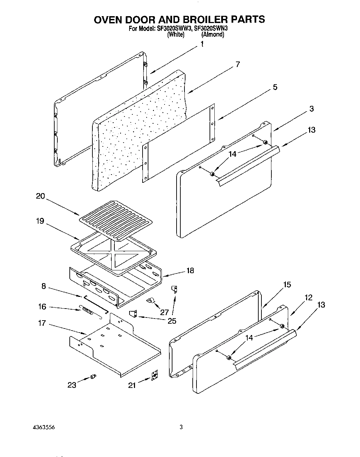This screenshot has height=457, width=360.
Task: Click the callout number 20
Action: (41, 196)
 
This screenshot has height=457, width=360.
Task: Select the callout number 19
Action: (40, 221)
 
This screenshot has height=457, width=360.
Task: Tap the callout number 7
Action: (237, 64)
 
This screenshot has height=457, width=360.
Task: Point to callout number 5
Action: (275, 87)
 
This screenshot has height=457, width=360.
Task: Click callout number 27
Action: (165, 312)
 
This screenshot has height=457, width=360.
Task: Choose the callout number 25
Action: (172, 321)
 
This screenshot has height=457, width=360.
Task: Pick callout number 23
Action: (72, 385)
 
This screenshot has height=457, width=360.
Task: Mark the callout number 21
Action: (132, 385)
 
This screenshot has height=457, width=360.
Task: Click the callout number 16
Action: (42, 306)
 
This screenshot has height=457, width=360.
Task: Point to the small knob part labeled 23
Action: (92, 377)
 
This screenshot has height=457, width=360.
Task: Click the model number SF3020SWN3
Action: (211, 29)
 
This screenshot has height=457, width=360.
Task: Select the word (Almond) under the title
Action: (213, 34)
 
